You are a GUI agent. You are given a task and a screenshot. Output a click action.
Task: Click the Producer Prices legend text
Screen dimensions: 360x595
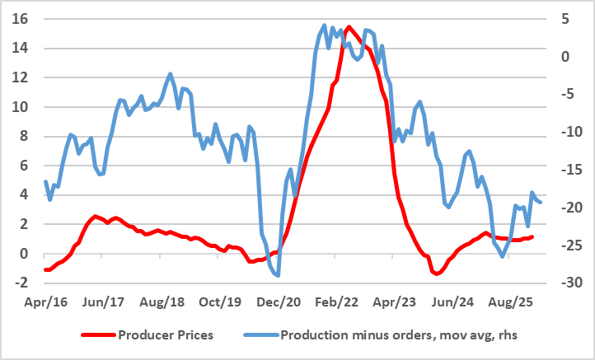166,334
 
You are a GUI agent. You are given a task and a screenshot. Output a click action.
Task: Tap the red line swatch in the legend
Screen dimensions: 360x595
97,335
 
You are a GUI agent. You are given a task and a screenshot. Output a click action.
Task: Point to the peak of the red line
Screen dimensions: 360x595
349,27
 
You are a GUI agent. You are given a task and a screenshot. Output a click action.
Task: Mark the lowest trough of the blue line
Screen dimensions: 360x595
278,275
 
